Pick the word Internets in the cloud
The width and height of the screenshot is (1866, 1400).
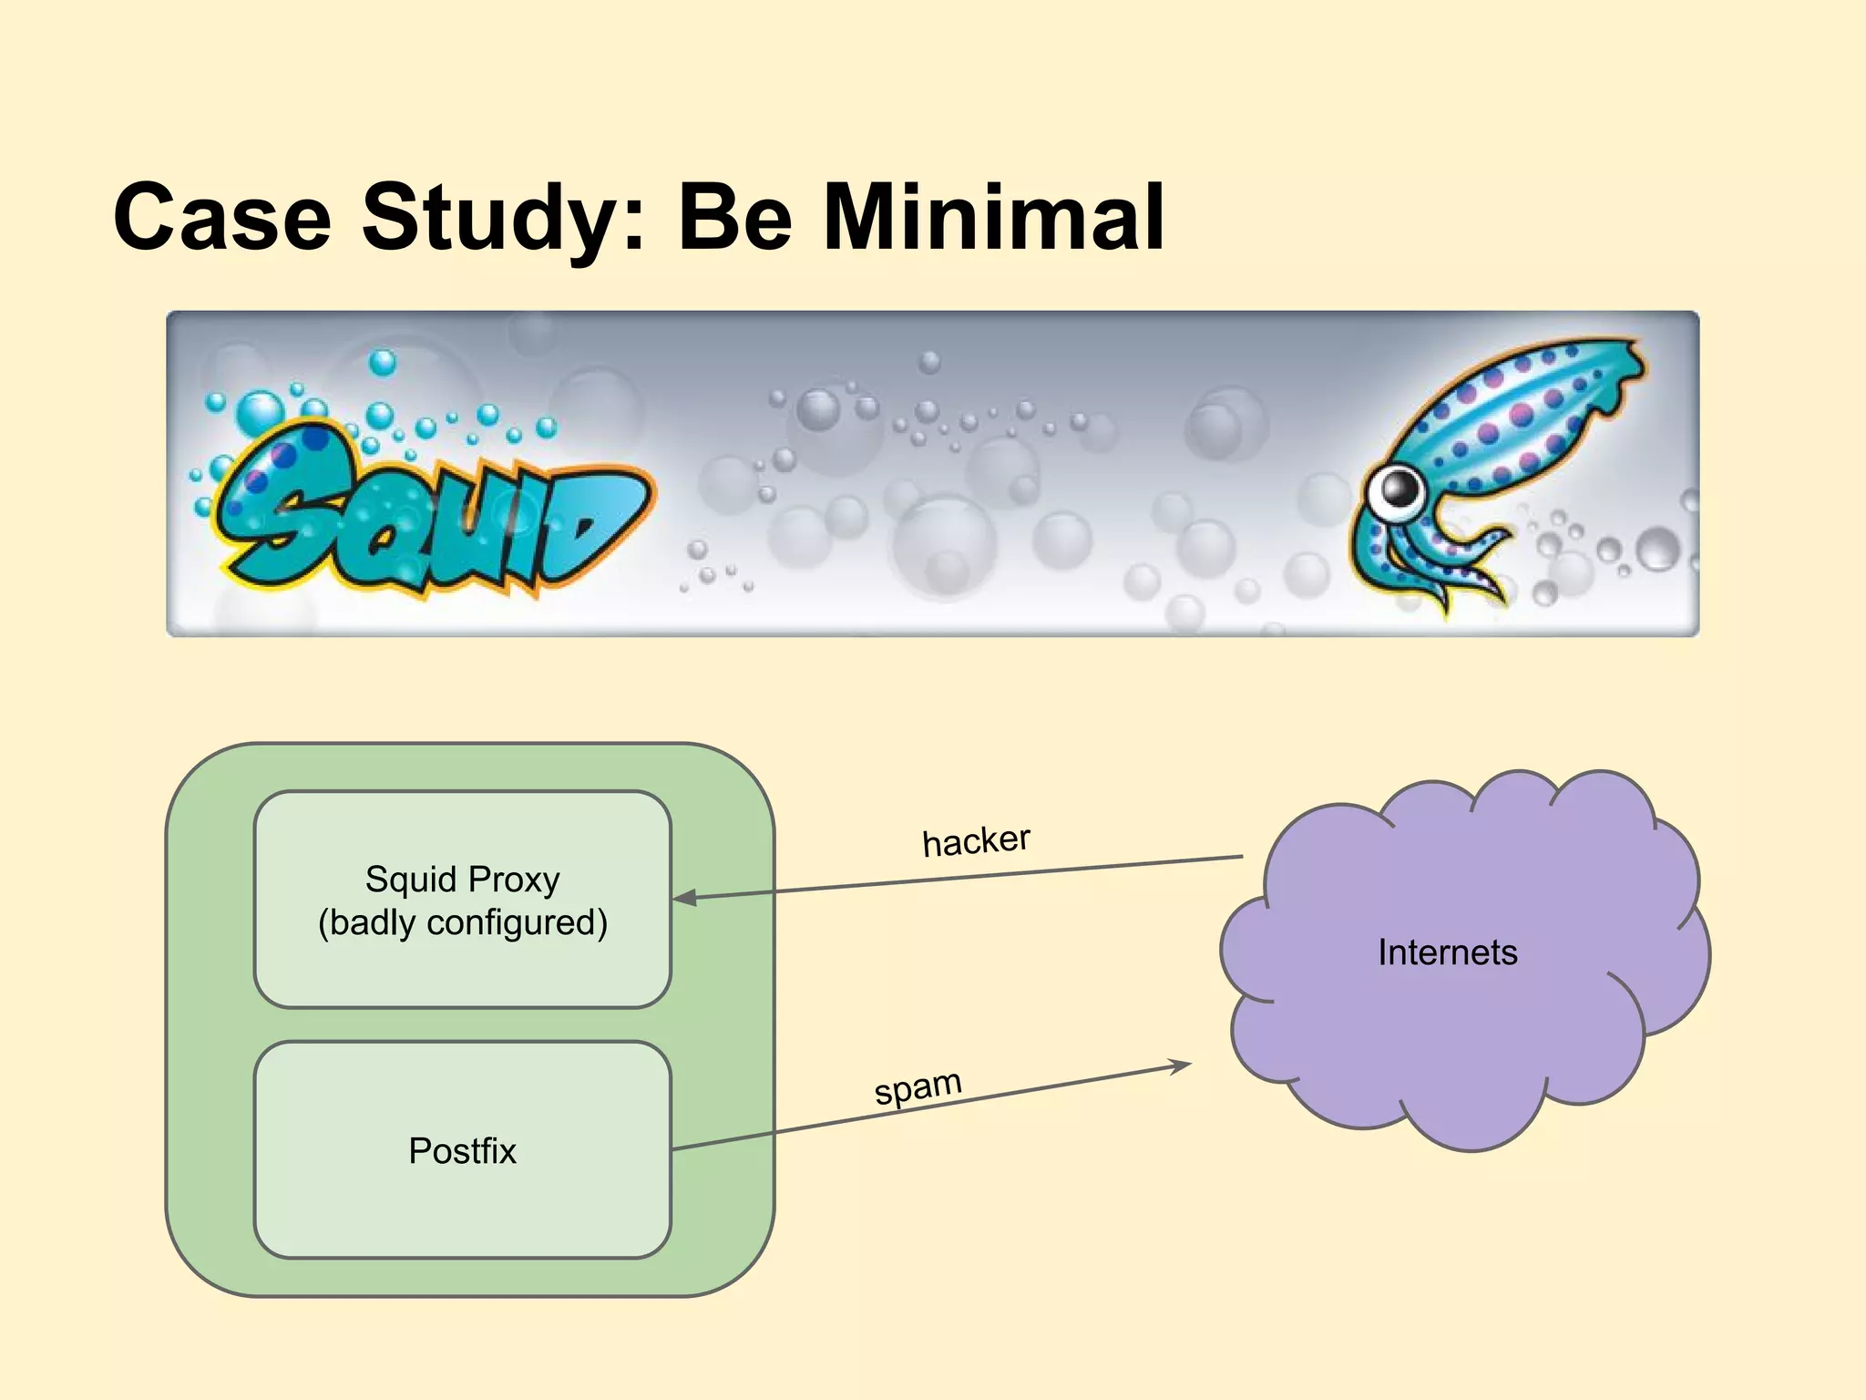point(1447,952)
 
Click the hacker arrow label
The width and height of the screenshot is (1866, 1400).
point(976,840)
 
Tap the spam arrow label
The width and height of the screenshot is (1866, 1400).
point(918,1086)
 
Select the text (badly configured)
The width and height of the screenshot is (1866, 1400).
point(463,922)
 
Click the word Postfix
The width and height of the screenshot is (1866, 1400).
point(463,1151)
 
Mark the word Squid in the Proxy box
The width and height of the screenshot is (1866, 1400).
point(410,880)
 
